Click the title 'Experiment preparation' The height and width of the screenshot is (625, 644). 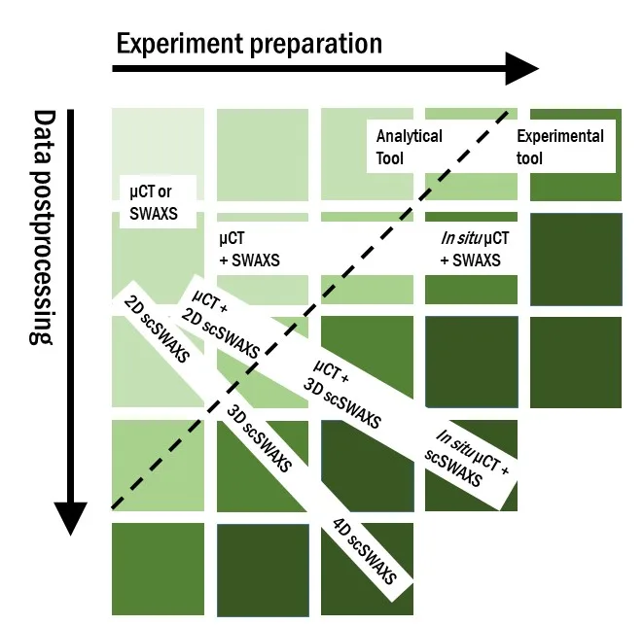click(x=249, y=44)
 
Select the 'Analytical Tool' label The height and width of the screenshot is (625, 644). click(x=409, y=146)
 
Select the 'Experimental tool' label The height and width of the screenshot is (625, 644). click(x=559, y=146)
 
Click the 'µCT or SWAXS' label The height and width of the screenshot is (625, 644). click(x=154, y=199)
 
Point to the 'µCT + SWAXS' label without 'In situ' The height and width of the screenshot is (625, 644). click(x=250, y=249)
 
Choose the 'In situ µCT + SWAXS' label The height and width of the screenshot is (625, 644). click(x=470, y=249)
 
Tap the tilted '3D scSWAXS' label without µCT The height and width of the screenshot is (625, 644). click(x=259, y=434)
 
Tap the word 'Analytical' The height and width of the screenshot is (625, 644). click(x=409, y=136)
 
